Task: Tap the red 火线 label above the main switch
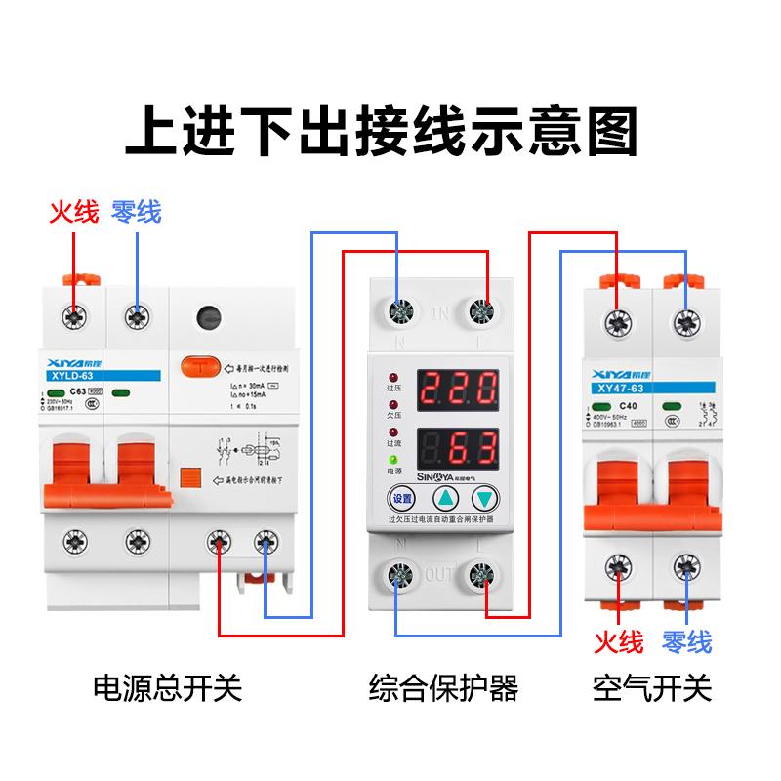click(x=74, y=211)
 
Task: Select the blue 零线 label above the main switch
click(x=137, y=211)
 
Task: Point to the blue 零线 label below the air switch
click(x=686, y=641)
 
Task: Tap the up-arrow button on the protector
click(x=445, y=500)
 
